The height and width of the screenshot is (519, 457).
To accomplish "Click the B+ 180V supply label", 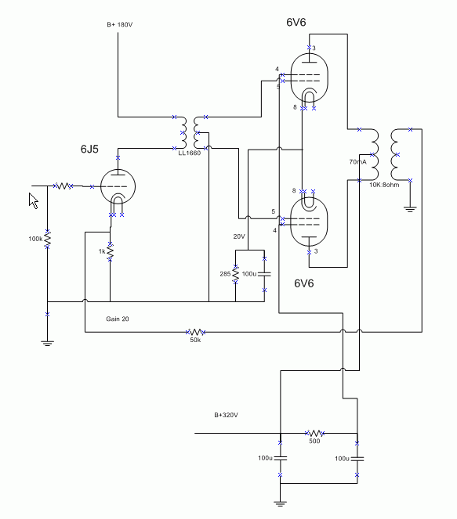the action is (120, 24).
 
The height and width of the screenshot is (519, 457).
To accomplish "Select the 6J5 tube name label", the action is (89, 149).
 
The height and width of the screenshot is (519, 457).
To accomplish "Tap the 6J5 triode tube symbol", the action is (118, 186).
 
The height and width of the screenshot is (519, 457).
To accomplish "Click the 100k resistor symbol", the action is (47, 239).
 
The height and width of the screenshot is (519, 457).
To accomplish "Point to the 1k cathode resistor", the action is (110, 252).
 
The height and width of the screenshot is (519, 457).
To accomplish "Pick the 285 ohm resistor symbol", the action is (235, 274).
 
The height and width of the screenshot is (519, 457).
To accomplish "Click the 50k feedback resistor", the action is (195, 332).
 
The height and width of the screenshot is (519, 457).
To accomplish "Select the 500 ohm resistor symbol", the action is (314, 433).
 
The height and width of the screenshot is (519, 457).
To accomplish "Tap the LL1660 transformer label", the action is (190, 153).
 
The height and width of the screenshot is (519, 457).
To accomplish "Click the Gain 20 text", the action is (118, 319).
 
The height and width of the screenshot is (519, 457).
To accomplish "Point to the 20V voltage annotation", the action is (239, 236).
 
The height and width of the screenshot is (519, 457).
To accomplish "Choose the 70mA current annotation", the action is (358, 162).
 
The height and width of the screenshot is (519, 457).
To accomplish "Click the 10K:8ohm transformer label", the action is (384, 185).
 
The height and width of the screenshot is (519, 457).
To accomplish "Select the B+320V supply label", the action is (226, 415).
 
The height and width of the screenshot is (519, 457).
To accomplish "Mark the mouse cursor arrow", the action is (34, 201).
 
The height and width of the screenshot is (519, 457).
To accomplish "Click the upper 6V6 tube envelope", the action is (309, 78).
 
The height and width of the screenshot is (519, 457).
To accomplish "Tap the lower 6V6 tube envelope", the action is (309, 222).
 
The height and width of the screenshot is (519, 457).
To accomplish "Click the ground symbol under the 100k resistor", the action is (47, 343).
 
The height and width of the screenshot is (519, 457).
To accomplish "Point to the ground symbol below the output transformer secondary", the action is (410, 209).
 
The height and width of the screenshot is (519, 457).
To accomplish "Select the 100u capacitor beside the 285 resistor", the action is (264, 274).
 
